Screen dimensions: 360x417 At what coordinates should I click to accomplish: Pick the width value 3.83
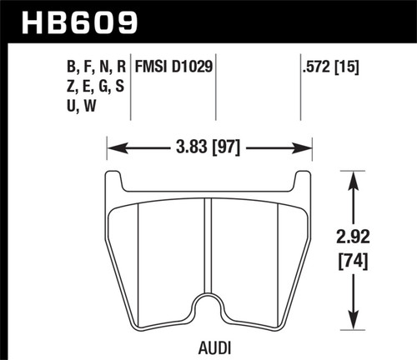(x=191, y=151)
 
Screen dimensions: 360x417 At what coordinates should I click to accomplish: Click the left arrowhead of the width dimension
(x=113, y=151)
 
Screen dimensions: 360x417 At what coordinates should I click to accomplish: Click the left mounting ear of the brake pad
(x=115, y=182)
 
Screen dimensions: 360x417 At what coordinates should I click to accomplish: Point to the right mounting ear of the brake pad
(x=302, y=182)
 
